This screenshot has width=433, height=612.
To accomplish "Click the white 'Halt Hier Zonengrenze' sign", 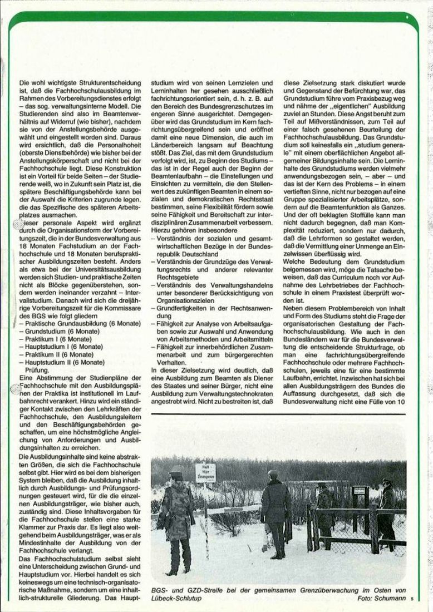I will pyautogui.click(x=205, y=473).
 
